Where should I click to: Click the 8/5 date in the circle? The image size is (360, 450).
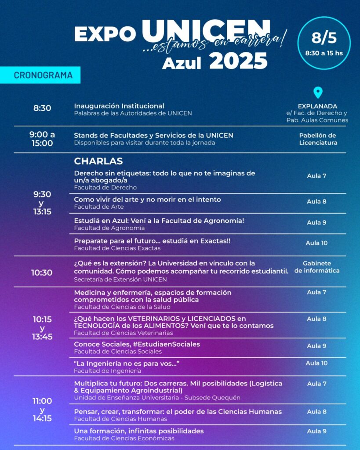tap(324, 38)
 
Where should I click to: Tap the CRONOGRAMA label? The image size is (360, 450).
tap(43, 75)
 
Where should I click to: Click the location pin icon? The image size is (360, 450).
tap(317, 93)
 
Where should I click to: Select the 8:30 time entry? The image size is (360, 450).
tap(42, 108)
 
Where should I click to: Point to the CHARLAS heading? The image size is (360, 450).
tap(98, 161)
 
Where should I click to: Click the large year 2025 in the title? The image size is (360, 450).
tap(238, 61)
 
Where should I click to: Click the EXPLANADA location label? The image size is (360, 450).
tap(317, 106)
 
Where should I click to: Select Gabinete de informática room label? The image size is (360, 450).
tap(317, 267)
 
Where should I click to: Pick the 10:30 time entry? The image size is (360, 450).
tap(42, 272)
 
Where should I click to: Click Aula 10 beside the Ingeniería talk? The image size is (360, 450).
tap(316, 363)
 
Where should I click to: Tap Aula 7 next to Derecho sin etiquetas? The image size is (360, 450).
tap(316, 176)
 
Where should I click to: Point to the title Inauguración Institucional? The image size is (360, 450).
tap(119, 106)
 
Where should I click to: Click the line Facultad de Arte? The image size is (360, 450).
tap(99, 207)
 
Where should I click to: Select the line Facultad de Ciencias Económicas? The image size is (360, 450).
tap(124, 438)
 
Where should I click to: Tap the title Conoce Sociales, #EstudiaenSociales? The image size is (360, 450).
tap(137, 344)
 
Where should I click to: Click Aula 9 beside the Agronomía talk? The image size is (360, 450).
tap(316, 222)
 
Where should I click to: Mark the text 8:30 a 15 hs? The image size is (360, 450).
tap(324, 53)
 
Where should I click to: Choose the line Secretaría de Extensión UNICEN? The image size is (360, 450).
tap(120, 279)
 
